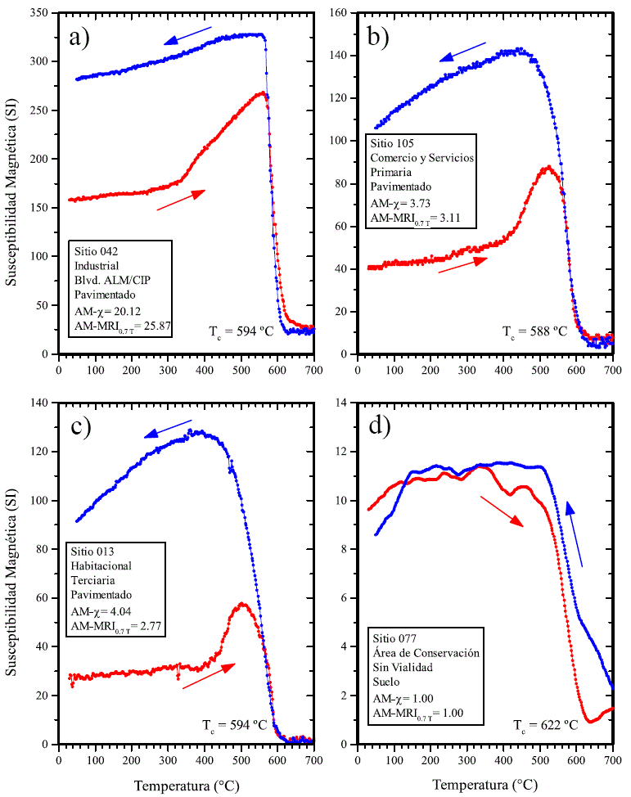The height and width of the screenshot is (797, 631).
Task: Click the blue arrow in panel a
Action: [187, 35]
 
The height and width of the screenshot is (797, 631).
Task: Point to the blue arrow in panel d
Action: [575, 535]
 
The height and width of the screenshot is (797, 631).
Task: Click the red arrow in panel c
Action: [208, 675]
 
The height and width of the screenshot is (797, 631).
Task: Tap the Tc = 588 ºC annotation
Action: [534, 331]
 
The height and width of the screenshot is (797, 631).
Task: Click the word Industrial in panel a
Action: [97, 265]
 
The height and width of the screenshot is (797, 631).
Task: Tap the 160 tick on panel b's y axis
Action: [341, 13]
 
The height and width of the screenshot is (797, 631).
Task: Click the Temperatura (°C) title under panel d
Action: [485, 785]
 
